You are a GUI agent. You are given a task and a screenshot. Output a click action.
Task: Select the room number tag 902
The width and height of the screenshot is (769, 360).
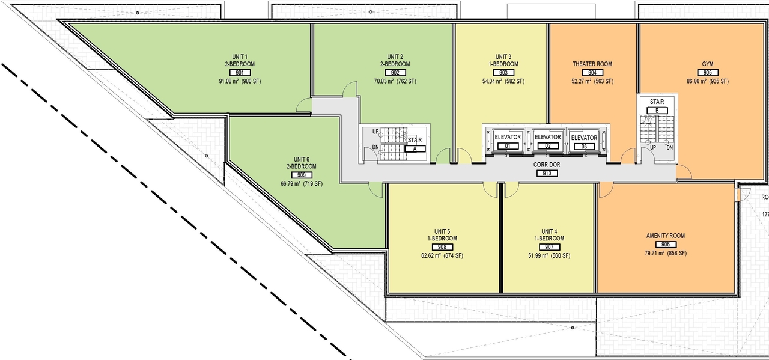pyautogui.click(x=395, y=73)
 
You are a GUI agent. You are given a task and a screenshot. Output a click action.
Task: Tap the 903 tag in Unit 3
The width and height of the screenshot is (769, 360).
pyautogui.click(x=503, y=73)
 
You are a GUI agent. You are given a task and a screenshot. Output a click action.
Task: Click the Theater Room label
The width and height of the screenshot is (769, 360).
pyautogui.click(x=592, y=64)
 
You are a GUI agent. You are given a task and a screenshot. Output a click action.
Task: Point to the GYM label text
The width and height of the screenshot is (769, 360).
pyautogui.click(x=708, y=64)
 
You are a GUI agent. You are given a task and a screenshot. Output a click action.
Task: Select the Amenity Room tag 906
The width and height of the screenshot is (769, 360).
pyautogui.click(x=665, y=245)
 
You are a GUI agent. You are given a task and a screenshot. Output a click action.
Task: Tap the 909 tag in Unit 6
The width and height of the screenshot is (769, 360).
pyautogui.click(x=302, y=175)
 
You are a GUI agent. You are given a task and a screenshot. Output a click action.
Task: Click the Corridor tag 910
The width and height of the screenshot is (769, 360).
pyautogui.click(x=547, y=174)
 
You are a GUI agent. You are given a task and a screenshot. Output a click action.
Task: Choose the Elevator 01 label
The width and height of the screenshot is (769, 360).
pyautogui.click(x=508, y=138)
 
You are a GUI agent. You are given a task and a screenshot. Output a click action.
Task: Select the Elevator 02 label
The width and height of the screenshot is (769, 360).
pyautogui.click(x=547, y=138)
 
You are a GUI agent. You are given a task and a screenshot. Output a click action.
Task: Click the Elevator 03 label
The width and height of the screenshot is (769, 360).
pyautogui.click(x=584, y=138)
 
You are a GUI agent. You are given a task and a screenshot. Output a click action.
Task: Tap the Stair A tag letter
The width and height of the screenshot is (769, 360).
pyautogui.click(x=414, y=148)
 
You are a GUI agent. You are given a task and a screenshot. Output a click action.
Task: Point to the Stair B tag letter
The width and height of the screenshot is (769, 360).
pyautogui.click(x=657, y=110)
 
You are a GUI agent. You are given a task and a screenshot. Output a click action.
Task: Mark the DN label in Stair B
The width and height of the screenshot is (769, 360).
pyautogui.click(x=669, y=147)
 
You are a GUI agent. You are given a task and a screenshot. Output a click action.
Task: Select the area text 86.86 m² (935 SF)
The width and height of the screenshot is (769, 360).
pyautogui.click(x=708, y=81)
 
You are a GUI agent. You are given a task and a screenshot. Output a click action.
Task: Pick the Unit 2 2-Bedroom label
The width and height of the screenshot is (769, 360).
pyautogui.click(x=395, y=59)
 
